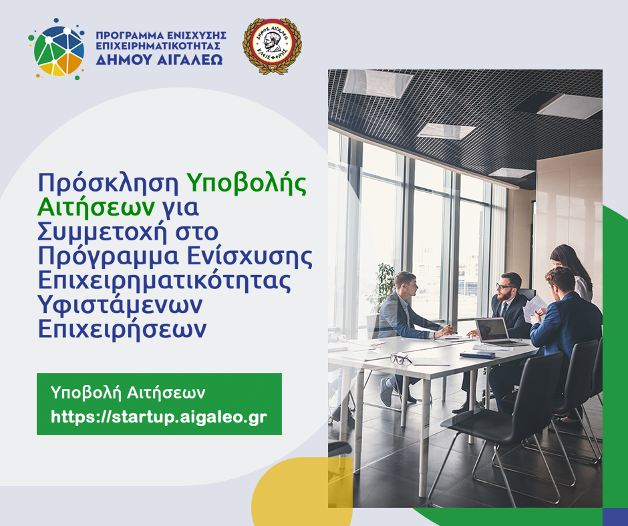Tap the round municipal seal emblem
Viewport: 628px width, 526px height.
272,46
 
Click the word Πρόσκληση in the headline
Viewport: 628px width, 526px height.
108,182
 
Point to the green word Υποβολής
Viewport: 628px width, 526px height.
246,182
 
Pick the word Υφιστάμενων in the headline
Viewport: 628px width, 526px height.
120,306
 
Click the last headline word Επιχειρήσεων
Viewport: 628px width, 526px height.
128,330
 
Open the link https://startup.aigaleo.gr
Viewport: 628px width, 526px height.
159,417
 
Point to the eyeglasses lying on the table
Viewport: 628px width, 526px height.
400,359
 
